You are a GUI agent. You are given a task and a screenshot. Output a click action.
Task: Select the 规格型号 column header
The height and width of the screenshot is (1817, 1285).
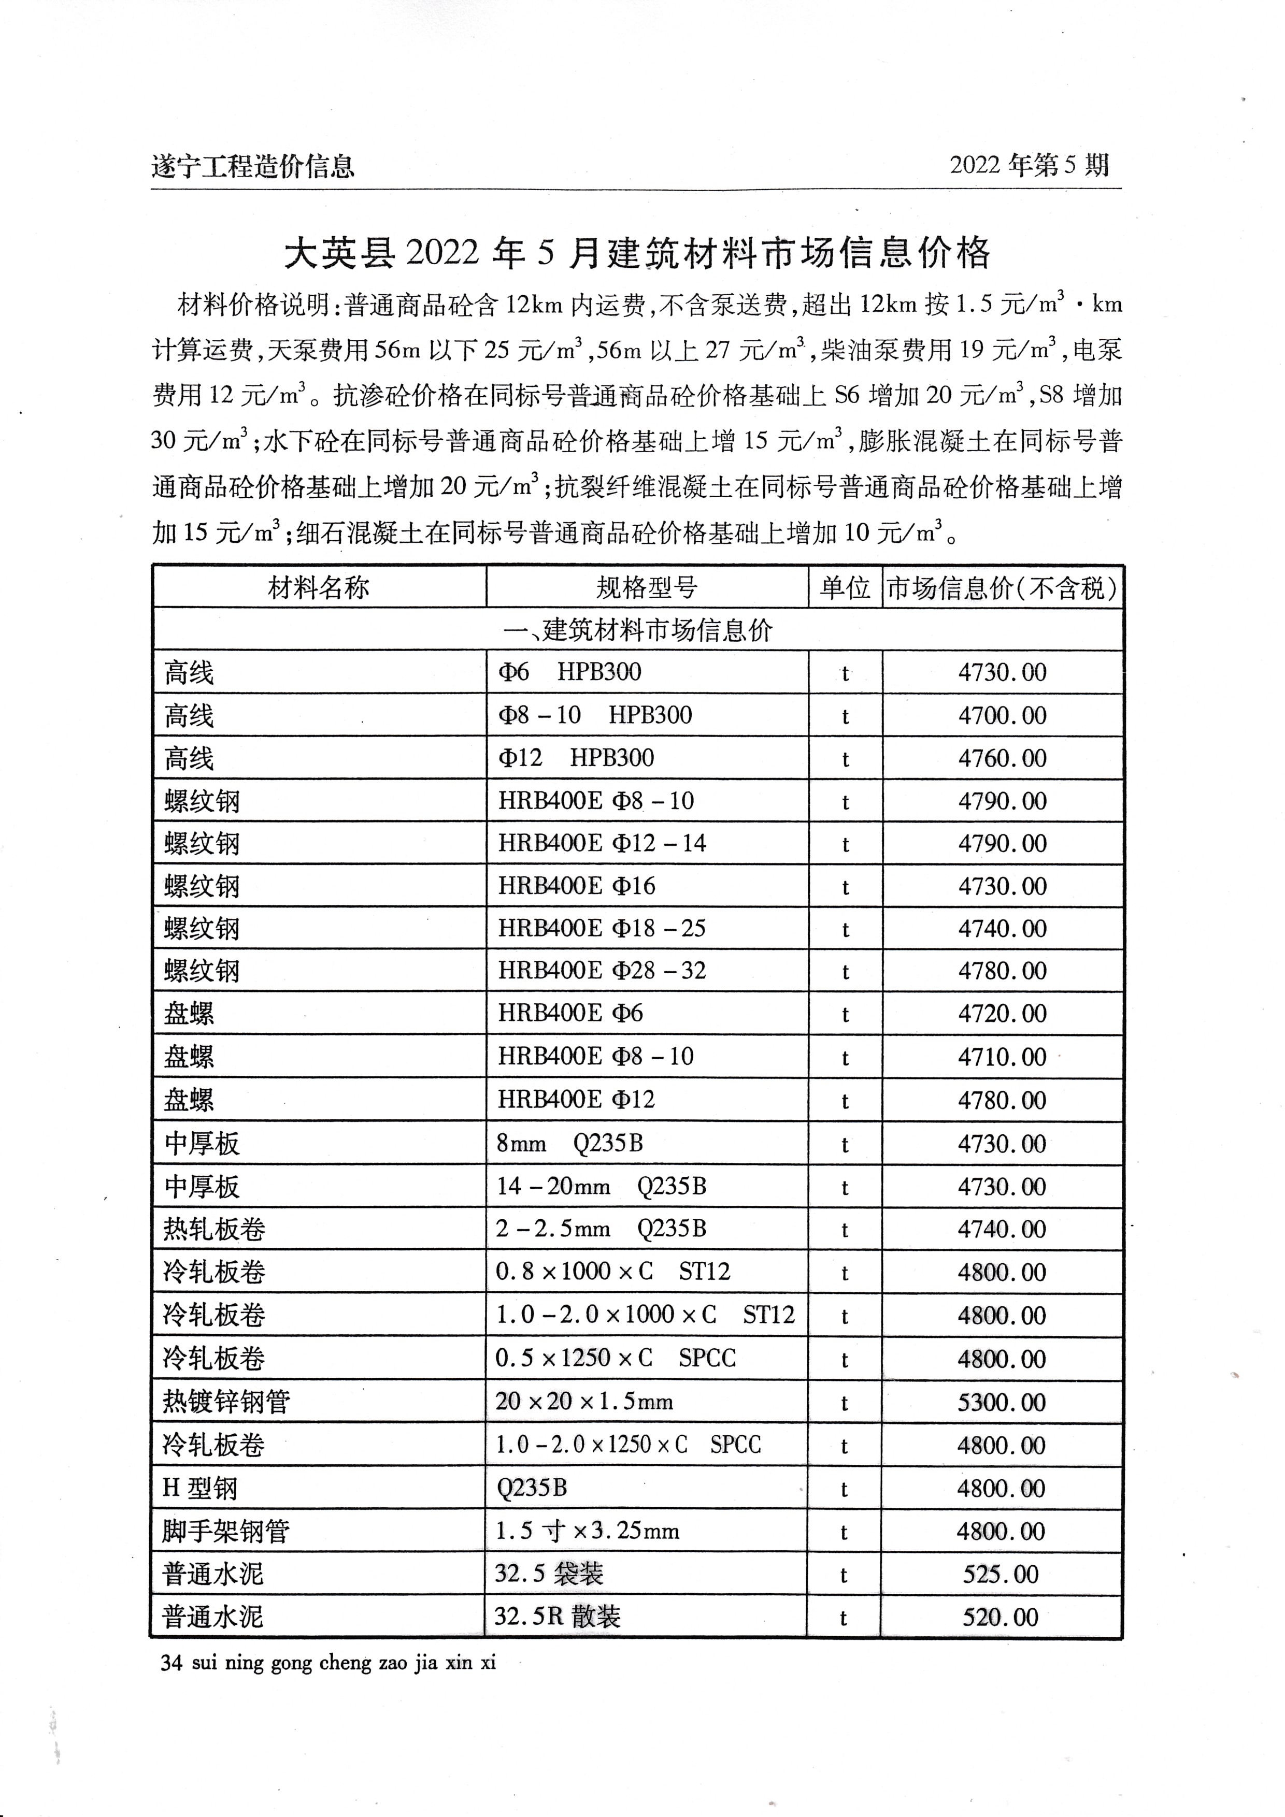pos(646,588)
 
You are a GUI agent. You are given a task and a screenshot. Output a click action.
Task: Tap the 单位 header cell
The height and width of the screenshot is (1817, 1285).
pos(845,588)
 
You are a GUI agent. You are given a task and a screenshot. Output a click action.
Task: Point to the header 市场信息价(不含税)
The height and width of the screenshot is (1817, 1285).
pos(1002,588)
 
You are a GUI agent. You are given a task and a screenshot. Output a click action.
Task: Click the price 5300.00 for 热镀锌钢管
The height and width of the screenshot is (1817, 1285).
pos(1002,1402)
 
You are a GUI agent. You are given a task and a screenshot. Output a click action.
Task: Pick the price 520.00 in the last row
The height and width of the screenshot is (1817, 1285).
pos(1001,1617)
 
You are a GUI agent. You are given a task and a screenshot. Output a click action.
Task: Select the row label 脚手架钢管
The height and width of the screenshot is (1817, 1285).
pos(225,1531)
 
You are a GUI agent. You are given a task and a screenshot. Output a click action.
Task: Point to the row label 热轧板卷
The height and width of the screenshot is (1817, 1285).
pos(214,1229)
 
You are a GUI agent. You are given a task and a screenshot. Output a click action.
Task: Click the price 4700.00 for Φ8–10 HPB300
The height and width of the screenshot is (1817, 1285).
pos(1002,715)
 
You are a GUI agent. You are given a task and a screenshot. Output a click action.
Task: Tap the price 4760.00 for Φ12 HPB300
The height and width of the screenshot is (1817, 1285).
pos(1002,758)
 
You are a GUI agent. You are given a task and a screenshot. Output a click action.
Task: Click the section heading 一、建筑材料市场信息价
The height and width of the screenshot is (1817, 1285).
pos(637,631)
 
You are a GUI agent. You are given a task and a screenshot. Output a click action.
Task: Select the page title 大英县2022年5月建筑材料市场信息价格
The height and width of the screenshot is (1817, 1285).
pos(637,253)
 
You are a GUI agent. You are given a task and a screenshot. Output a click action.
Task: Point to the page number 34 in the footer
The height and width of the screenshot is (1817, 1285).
pos(171,1663)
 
